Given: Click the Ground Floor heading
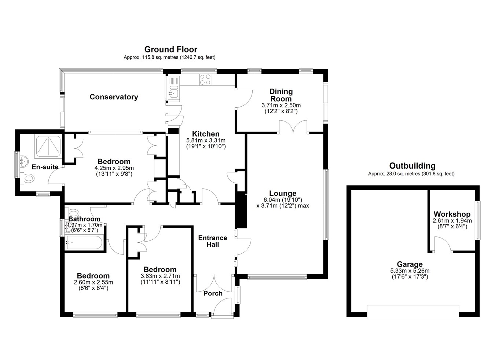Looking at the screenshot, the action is click(170, 49).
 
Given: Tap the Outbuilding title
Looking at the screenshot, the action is click(412, 166).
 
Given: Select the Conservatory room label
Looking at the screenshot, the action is click(114, 97).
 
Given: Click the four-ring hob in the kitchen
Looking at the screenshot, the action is click(205, 80).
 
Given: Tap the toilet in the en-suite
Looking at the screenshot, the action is click(28, 178).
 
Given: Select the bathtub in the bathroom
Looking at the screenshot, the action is click(84, 242).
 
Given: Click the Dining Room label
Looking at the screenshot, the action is click(281, 95).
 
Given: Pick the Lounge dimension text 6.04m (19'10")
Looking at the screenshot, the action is click(283, 200).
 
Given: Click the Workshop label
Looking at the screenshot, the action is click(452, 214).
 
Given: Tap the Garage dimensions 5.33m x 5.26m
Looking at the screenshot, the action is click(410, 271).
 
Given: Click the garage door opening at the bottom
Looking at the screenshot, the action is click(413, 312).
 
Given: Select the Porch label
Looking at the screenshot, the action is click(213, 294).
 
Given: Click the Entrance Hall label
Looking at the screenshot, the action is click(213, 241).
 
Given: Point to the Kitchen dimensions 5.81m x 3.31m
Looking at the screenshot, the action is click(206, 140).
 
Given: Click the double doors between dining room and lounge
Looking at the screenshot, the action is click(293, 127).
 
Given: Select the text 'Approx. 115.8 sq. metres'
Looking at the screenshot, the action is click(151, 58).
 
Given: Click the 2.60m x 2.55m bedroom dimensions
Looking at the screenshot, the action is click(93, 282).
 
